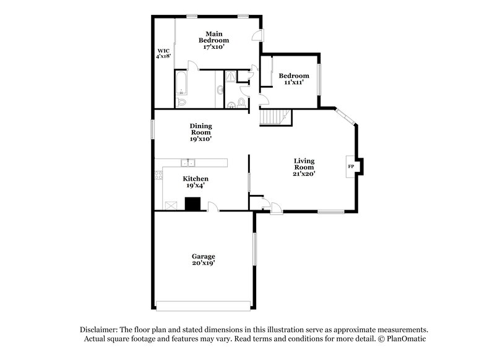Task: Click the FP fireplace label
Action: tap(351, 167)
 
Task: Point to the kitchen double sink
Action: tap(187, 163)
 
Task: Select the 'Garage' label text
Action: tap(203, 255)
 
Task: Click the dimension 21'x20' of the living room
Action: tap(304, 174)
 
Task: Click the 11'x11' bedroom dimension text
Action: tap(293, 83)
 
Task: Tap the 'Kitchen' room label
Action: tap(196, 178)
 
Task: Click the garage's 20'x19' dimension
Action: tap(203, 263)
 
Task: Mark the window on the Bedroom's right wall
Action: tap(320, 79)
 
